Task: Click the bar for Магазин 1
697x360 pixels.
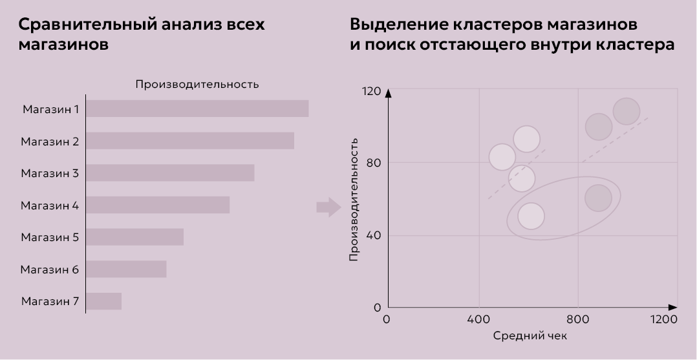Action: click(197, 109)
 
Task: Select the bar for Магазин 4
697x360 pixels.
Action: click(158, 205)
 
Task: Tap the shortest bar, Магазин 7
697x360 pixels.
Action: click(104, 301)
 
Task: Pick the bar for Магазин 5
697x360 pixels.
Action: click(135, 237)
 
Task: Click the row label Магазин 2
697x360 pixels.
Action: click(50, 141)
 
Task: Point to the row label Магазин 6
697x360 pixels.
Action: click(50, 270)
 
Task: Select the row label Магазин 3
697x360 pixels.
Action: click(50, 173)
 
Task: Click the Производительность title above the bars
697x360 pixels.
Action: click(197, 84)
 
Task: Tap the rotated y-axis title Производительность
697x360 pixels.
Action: click(354, 198)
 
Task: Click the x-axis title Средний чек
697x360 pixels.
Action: click(530, 336)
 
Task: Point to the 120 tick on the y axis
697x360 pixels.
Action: click(372, 91)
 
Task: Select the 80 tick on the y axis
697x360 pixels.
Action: click(374, 163)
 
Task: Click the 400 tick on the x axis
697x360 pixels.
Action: click(478, 319)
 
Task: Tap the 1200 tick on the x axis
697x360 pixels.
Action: click(664, 319)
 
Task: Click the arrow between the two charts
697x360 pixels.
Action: click(328, 207)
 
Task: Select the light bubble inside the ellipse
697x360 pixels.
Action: click(531, 217)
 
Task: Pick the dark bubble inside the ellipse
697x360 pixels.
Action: click(598, 198)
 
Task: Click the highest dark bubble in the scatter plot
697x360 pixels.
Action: click(626, 111)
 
